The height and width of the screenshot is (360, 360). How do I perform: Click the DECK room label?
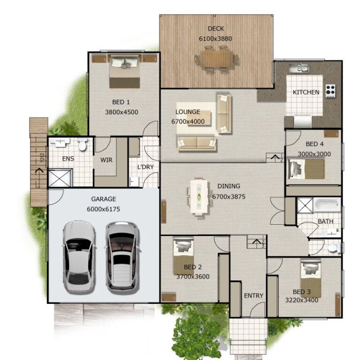(x=216, y=29)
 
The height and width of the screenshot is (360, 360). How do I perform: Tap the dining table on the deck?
(x=217, y=60)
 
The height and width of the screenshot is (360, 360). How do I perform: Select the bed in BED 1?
(x=125, y=72)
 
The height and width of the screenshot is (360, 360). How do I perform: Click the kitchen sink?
(x=299, y=69)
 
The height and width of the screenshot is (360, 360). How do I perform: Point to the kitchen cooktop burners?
(x=330, y=90)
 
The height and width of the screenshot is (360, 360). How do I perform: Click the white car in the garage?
(x=79, y=256)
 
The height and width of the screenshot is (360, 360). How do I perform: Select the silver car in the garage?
(x=122, y=256)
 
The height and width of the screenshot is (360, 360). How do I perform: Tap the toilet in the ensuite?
(x=82, y=145)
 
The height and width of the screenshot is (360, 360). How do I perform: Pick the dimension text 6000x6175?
(x=104, y=209)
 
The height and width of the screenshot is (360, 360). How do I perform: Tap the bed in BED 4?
(x=307, y=169)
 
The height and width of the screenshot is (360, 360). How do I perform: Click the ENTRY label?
(x=254, y=296)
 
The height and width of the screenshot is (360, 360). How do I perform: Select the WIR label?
(x=106, y=160)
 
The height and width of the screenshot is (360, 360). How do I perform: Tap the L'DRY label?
(x=145, y=167)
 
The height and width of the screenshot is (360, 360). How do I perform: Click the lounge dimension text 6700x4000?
(x=187, y=121)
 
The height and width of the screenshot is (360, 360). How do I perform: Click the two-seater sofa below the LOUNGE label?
(x=196, y=143)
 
